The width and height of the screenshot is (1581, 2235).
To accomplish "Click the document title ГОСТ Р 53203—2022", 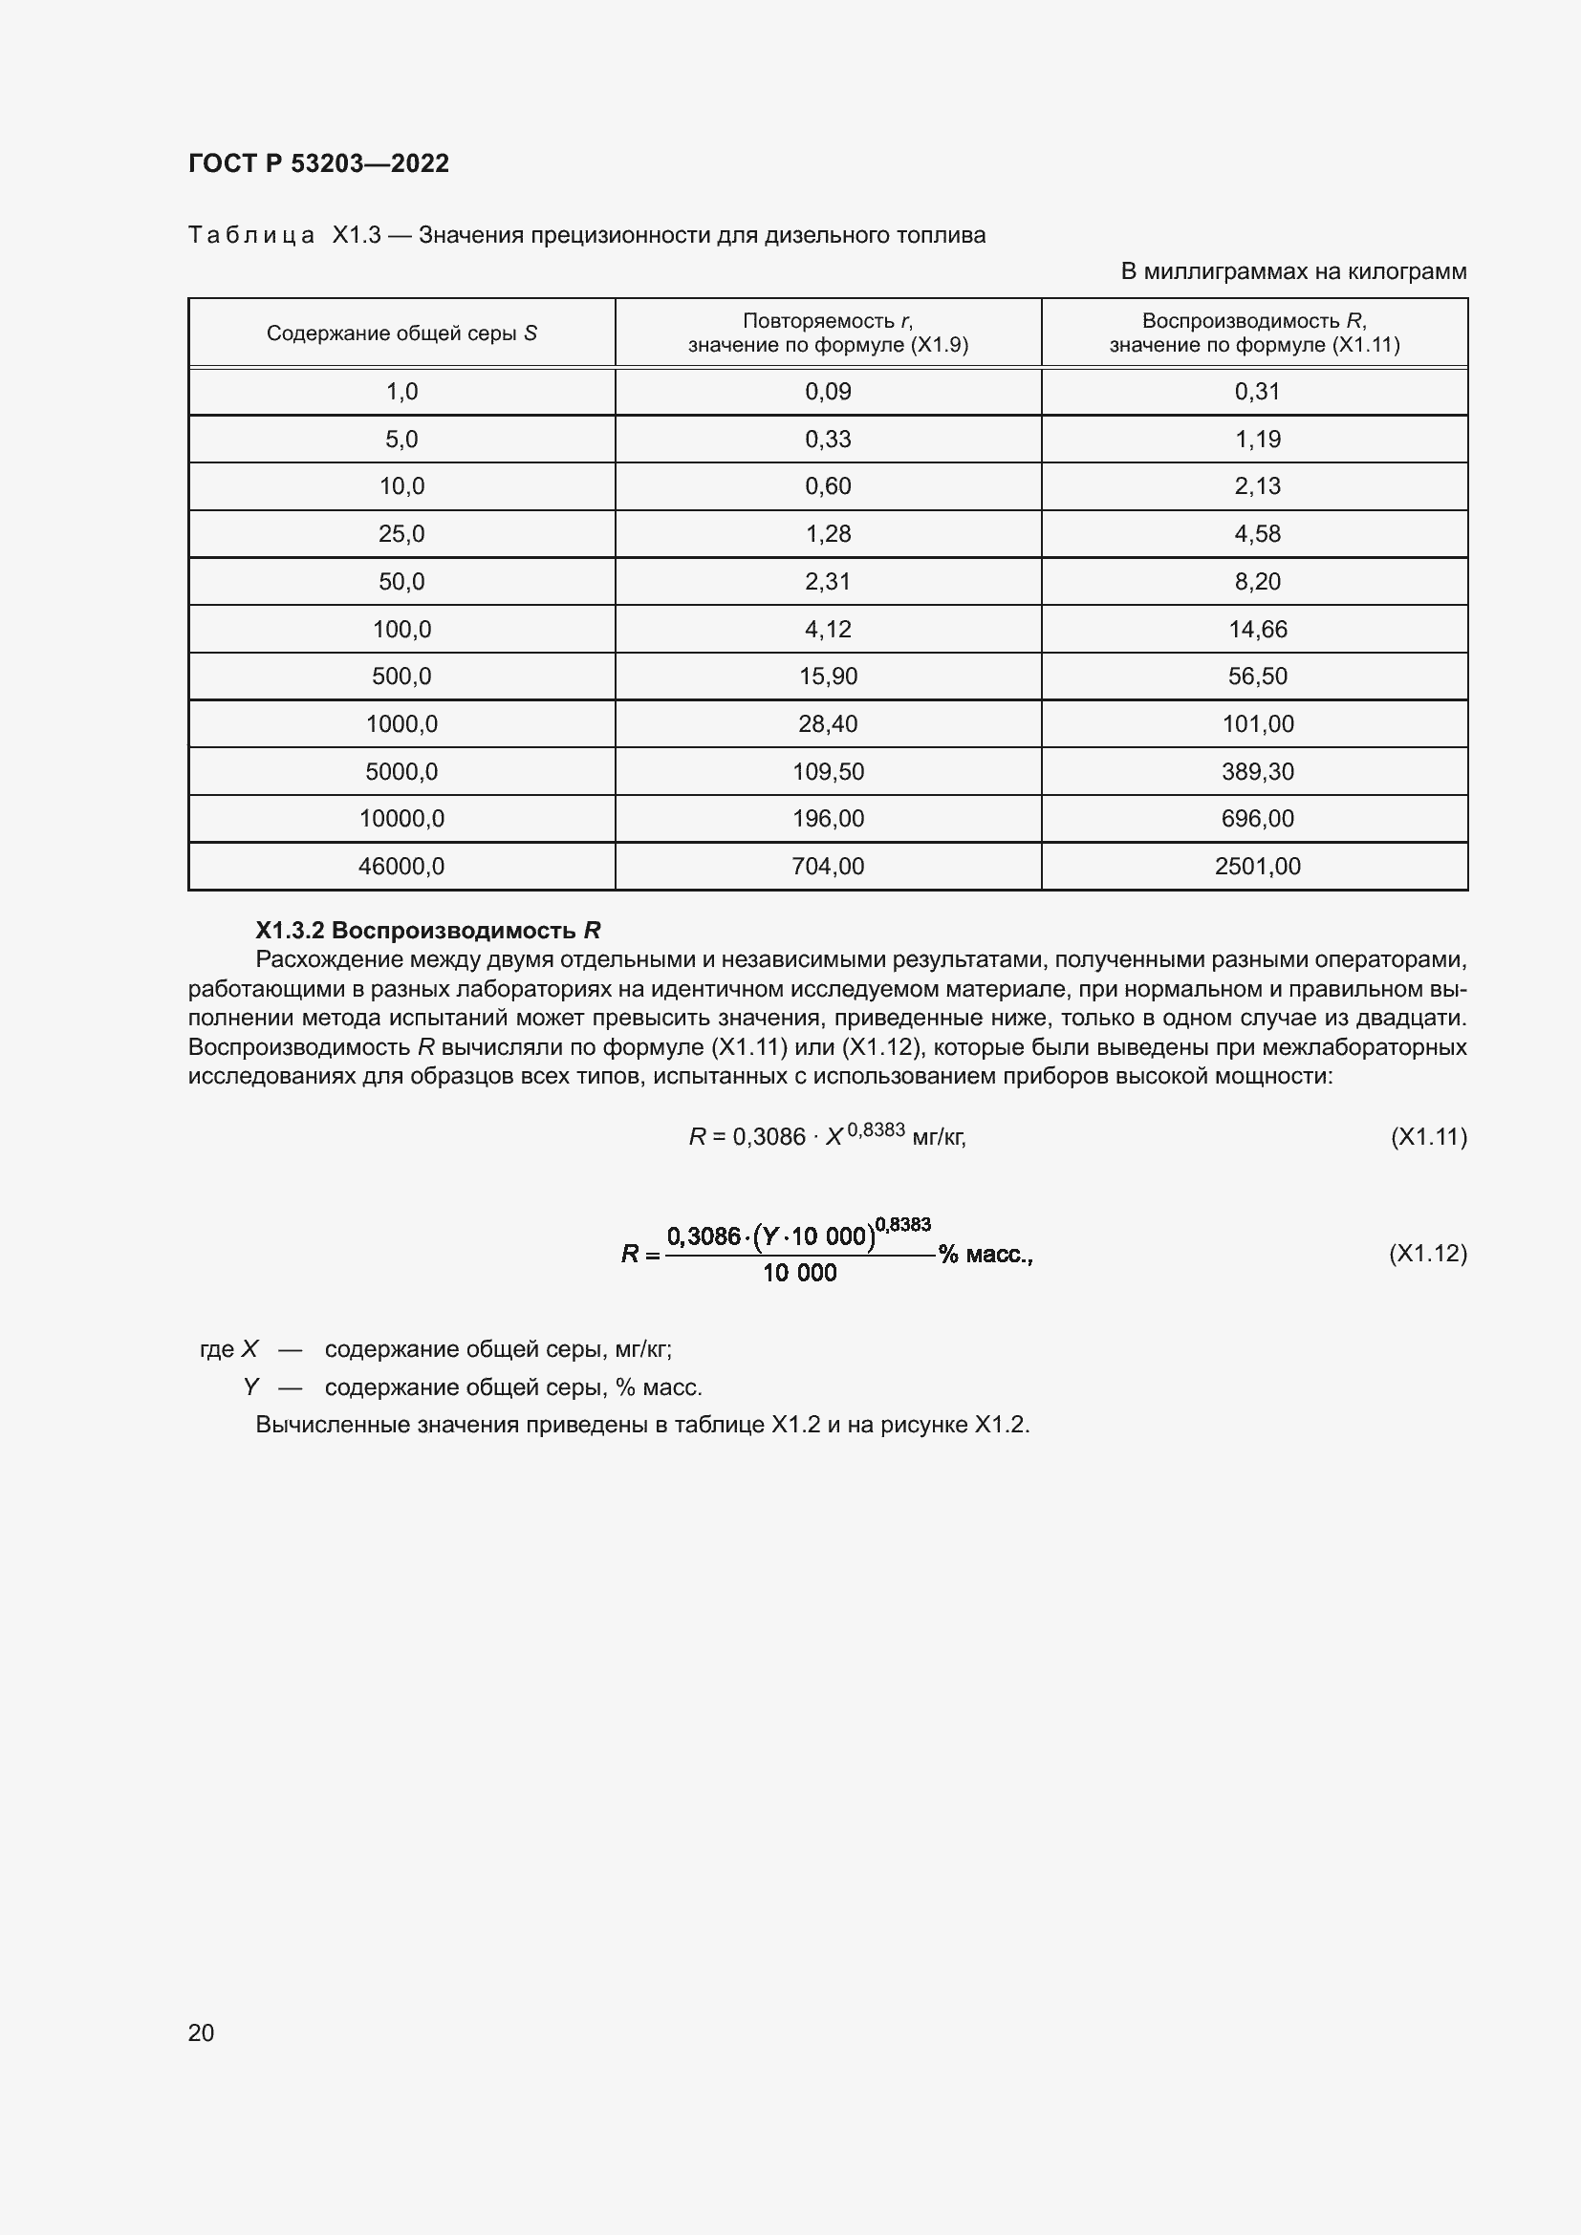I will pyautogui.click(x=318, y=163).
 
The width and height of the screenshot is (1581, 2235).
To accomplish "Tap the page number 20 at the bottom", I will pyautogui.click(x=201, y=2032).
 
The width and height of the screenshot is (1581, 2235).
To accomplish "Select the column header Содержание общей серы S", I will pyautogui.click(x=401, y=333).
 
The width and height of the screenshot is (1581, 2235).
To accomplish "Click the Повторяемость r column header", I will pyautogui.click(x=828, y=333).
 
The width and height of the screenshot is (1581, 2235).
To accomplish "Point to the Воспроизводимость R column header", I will pyautogui.click(x=1254, y=333).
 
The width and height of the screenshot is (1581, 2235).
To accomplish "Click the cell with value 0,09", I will pyautogui.click(x=828, y=392).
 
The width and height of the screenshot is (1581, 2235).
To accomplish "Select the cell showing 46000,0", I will pyautogui.click(x=401, y=867).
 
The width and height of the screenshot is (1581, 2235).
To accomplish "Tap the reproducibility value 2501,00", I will pyautogui.click(x=1257, y=867).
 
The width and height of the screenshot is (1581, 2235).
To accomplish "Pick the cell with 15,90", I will pyautogui.click(x=828, y=677).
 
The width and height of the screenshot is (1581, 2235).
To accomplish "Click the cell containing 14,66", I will pyautogui.click(x=1257, y=629).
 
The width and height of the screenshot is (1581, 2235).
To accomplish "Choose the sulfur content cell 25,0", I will pyautogui.click(x=401, y=533).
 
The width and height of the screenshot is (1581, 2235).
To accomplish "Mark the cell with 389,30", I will pyautogui.click(x=1257, y=772).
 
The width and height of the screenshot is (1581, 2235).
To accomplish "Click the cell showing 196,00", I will pyautogui.click(x=828, y=819).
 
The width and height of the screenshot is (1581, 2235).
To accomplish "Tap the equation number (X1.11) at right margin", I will pyautogui.click(x=1427, y=1137).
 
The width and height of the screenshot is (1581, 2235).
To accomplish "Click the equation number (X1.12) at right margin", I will pyautogui.click(x=1427, y=1253).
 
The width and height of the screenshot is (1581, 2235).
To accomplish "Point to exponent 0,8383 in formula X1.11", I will pyautogui.click(x=876, y=1129).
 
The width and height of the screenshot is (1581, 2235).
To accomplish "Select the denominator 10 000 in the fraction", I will pyautogui.click(x=798, y=1273).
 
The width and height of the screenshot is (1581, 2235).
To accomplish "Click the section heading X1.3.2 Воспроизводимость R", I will pyautogui.click(x=427, y=930).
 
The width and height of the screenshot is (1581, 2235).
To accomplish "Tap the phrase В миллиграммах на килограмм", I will pyautogui.click(x=1293, y=271).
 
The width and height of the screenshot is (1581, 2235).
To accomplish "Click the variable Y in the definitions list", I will pyautogui.click(x=251, y=1386).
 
